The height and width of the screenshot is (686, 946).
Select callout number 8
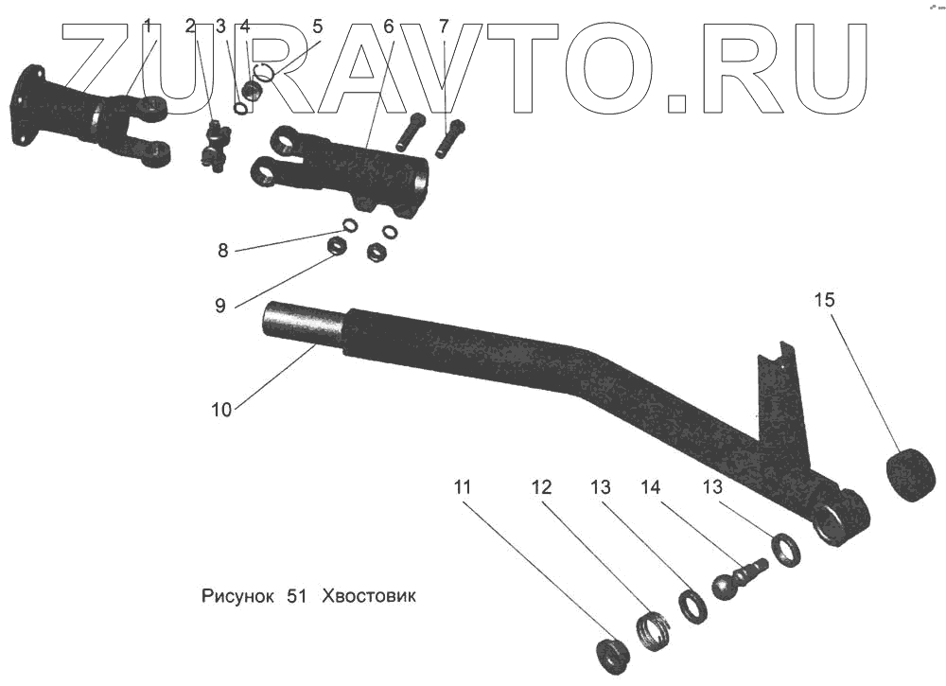click(x=222, y=251)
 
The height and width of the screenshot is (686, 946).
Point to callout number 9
click(x=219, y=306)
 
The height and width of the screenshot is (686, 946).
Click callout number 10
click(x=220, y=410)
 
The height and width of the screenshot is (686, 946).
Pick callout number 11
click(x=462, y=488)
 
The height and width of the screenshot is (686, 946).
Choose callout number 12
click(x=540, y=488)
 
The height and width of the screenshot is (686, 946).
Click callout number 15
click(x=824, y=301)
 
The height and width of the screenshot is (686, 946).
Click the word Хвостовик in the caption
click(x=369, y=597)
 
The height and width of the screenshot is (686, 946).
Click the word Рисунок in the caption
click(x=237, y=597)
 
